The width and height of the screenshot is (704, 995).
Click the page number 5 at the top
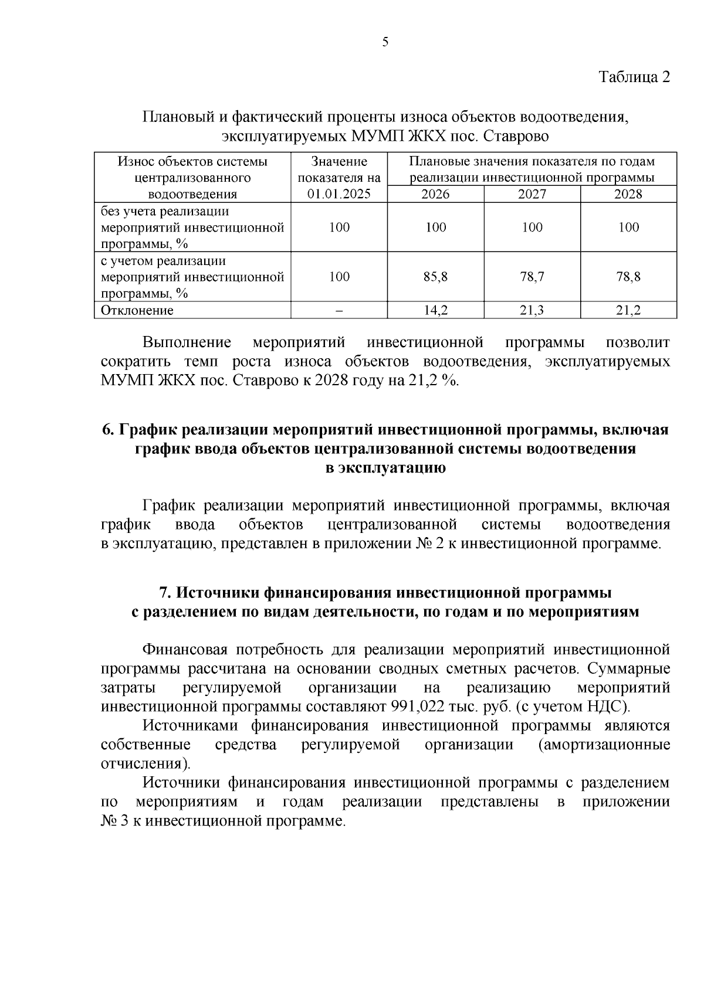tap(385, 42)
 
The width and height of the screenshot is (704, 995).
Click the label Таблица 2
tap(634, 77)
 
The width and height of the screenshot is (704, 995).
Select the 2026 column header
tap(435, 194)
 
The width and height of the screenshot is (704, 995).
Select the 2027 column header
tap(532, 194)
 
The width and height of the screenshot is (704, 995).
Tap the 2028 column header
tap(628, 194)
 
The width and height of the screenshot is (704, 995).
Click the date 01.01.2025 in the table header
tap(339, 194)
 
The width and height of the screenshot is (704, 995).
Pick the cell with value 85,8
tap(435, 277)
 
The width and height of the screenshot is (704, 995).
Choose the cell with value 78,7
tap(532, 277)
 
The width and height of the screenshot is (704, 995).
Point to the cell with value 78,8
tap(628, 277)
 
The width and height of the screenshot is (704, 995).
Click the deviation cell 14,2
tap(435, 311)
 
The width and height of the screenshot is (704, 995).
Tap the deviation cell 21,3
tap(532, 311)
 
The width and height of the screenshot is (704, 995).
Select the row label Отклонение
tap(137, 311)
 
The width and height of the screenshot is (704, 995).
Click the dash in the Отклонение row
tap(339, 311)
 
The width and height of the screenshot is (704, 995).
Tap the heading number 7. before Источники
tap(166, 592)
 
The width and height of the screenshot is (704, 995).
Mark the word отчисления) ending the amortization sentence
tap(145, 764)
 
